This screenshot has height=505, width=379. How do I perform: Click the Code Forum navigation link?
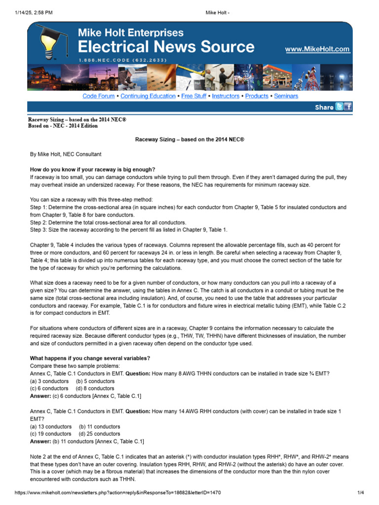click(x=98, y=96)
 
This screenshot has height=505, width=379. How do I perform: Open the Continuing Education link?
click(x=148, y=96)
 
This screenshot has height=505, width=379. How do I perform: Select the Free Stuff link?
click(x=194, y=96)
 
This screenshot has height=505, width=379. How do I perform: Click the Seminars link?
click(x=286, y=96)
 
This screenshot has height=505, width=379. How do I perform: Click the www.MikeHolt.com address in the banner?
click(x=317, y=49)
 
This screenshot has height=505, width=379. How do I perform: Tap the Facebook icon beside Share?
click(x=348, y=107)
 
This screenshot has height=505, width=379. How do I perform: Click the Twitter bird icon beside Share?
click(x=339, y=107)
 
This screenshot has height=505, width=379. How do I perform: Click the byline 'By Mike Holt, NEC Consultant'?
click(x=66, y=154)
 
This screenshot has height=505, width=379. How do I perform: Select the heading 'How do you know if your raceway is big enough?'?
click(x=92, y=170)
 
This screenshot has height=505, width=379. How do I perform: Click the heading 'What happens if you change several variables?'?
click(x=90, y=358)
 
